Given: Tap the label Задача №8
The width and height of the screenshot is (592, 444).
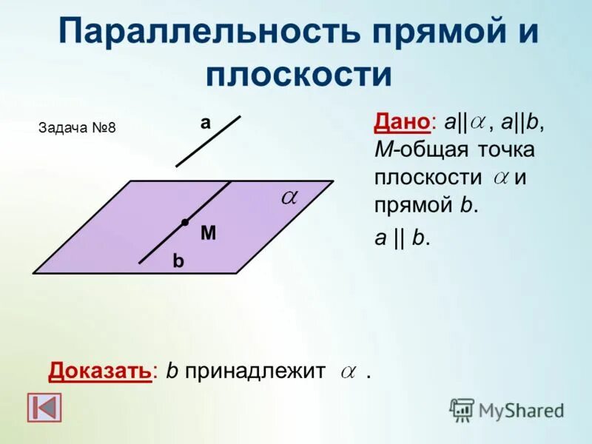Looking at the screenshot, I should [x=77, y=127].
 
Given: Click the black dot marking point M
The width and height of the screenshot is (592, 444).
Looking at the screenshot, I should [x=184, y=222].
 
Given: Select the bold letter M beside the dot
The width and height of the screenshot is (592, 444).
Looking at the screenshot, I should [x=208, y=234].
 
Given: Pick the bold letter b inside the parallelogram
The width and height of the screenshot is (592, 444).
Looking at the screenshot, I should [x=178, y=261].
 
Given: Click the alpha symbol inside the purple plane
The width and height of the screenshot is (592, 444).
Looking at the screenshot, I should [x=289, y=197].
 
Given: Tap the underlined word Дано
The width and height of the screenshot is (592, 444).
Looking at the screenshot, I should [x=401, y=123].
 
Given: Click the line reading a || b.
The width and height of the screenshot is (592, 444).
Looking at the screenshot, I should [x=403, y=239].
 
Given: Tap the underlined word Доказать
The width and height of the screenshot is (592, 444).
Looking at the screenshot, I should [x=100, y=371].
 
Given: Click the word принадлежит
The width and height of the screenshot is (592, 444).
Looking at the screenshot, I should [x=255, y=371].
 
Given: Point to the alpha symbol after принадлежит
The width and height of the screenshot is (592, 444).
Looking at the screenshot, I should [x=348, y=372].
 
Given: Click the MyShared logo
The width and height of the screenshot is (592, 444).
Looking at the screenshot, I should [x=507, y=409].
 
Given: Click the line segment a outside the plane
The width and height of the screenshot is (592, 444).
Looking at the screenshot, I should [x=209, y=141].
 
